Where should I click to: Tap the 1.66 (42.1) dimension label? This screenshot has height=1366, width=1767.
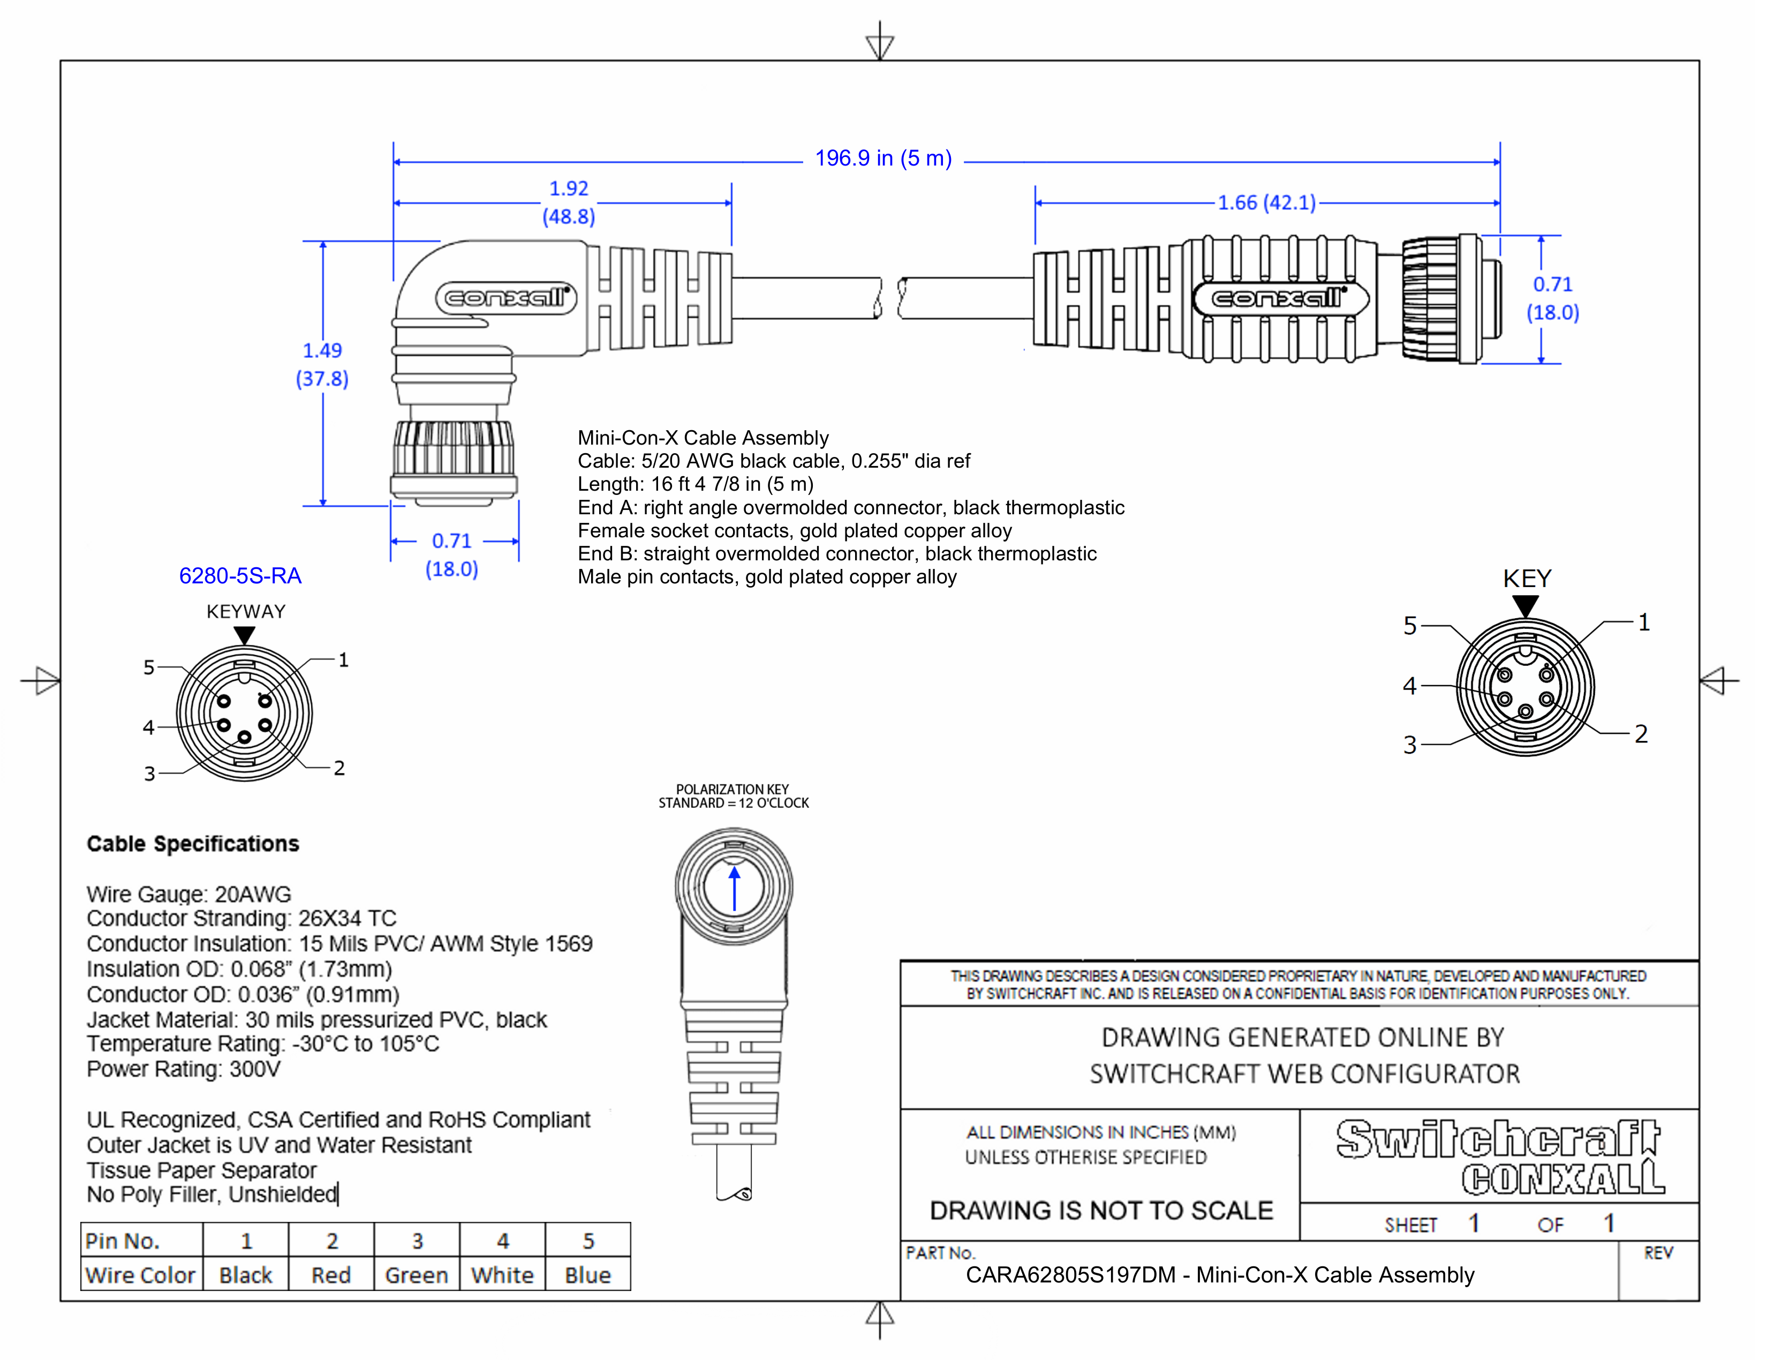pyautogui.click(x=1267, y=202)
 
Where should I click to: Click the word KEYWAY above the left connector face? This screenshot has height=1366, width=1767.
pyautogui.click(x=246, y=612)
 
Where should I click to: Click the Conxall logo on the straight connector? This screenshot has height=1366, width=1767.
pyautogui.click(x=1280, y=298)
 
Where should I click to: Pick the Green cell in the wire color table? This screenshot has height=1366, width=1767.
pyautogui.click(x=417, y=1275)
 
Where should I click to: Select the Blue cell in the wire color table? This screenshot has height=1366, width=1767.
pyautogui.click(x=588, y=1275)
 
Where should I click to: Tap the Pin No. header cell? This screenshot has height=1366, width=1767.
pyautogui.click(x=123, y=1241)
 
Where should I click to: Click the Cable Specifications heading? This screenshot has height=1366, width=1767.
pyautogui.click(x=193, y=844)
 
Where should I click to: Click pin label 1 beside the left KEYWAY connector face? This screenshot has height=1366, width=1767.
pyautogui.click(x=344, y=659)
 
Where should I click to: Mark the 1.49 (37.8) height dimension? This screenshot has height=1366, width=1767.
pyautogui.click(x=322, y=364)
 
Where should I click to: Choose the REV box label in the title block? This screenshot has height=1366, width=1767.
pyautogui.click(x=1658, y=1253)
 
